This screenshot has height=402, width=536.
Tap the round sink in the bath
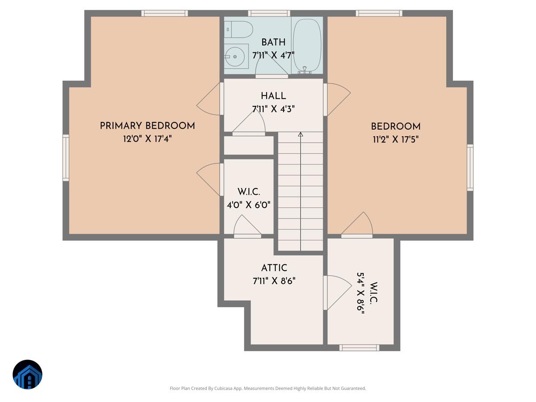[x=234, y=56]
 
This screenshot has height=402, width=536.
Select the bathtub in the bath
[x=306, y=45]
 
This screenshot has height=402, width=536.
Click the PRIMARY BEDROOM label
[x=147, y=126]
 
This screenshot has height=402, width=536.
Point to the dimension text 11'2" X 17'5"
[x=395, y=139]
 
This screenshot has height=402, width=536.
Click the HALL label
[x=273, y=96]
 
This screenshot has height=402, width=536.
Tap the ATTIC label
[x=274, y=268]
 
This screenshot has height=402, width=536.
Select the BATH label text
[x=273, y=42]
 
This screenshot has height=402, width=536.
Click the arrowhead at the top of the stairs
[x=301, y=134]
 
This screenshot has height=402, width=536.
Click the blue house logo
[x=27, y=374]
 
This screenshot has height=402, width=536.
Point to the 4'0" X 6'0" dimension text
[x=248, y=205]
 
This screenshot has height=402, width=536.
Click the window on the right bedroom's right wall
[x=470, y=167]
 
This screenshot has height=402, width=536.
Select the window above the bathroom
[x=269, y=13]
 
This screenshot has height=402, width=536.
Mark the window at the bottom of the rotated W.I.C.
[x=359, y=348]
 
